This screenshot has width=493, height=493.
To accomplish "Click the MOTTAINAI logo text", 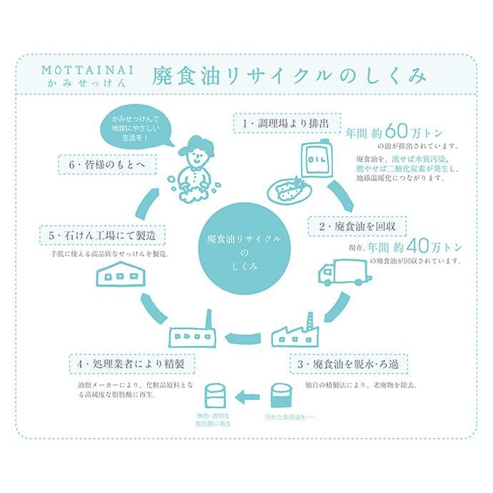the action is pos(88,70).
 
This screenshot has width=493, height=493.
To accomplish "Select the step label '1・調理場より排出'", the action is pos(287,123).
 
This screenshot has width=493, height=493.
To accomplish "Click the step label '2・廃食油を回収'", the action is pos(357,226).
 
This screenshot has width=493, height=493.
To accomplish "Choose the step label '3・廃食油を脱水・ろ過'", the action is pos(349,364).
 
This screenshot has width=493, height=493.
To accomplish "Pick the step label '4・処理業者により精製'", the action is pos(132,364).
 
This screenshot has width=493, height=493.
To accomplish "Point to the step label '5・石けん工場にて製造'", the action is pos(102,235).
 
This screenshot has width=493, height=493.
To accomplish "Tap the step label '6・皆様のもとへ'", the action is pos(107,164).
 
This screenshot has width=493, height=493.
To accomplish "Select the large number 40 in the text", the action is pos(417,246).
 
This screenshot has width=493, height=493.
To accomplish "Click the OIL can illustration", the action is pos(317,159).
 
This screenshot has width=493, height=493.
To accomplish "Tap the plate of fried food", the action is pos(289,189).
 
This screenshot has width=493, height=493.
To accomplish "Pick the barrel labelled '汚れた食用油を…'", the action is pos(282,396).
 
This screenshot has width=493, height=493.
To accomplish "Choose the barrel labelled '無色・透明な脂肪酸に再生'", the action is pos(215,395).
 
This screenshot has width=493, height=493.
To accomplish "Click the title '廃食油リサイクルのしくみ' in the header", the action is pos(289,76).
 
